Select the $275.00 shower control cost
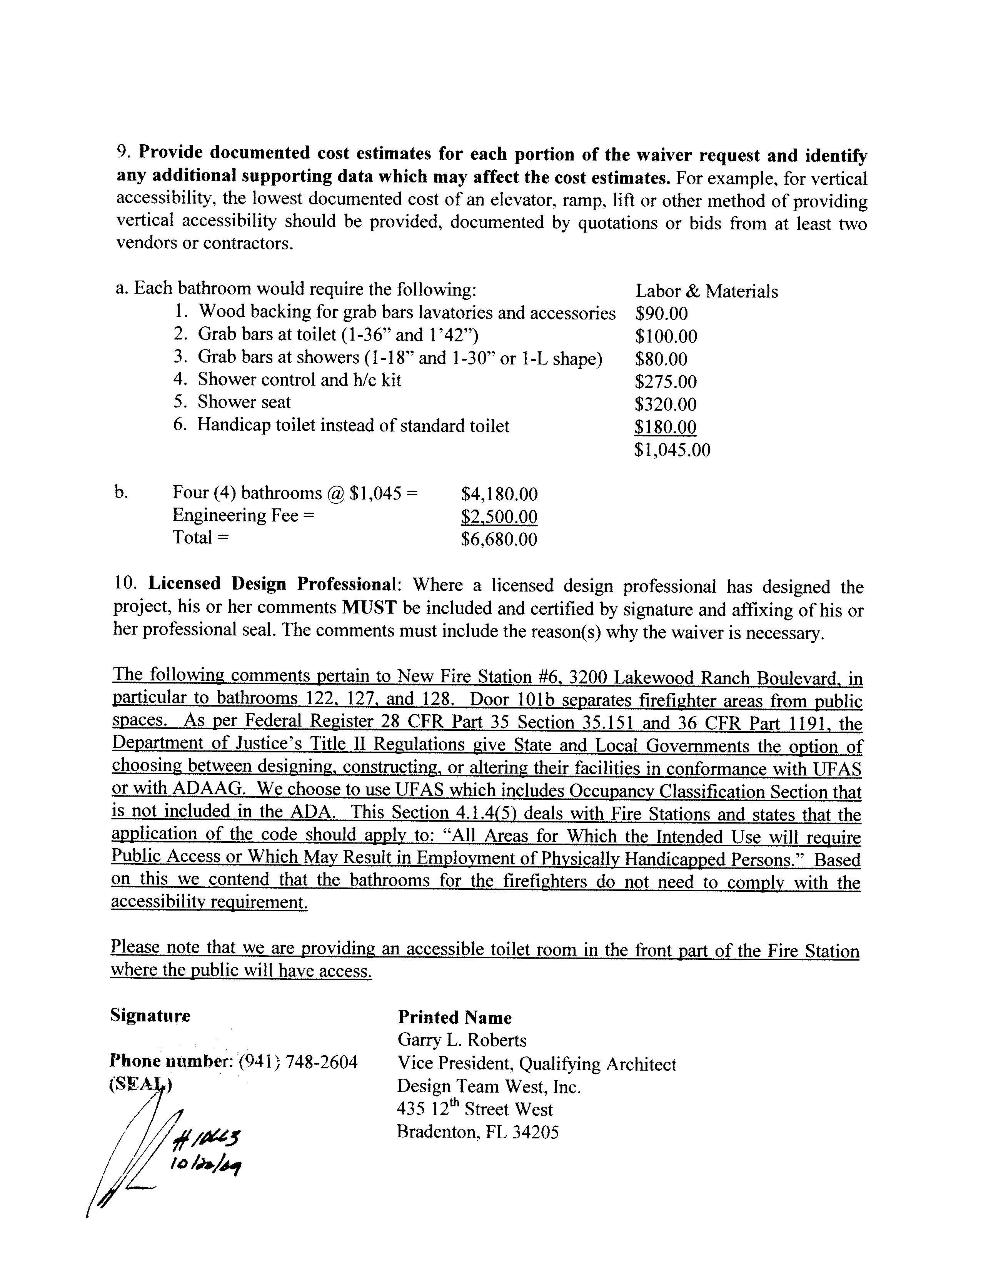[x=666, y=382]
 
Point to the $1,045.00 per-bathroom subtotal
[x=672, y=450]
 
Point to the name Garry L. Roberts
[x=462, y=1040]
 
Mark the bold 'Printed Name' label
[x=454, y=1017]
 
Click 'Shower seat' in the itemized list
[x=244, y=403]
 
